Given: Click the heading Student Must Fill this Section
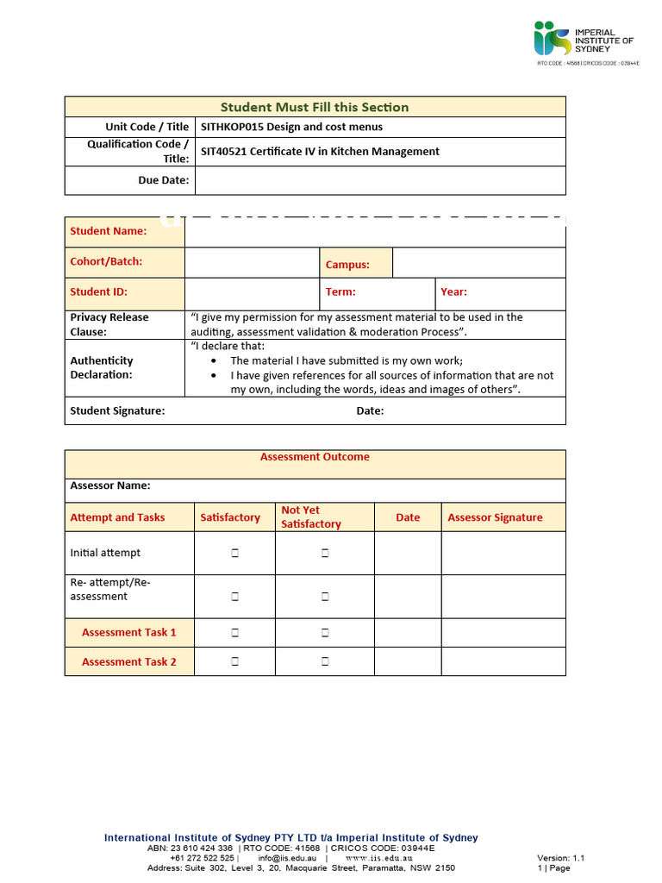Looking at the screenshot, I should coord(315,107).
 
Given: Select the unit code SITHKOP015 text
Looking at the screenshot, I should coord(232,127).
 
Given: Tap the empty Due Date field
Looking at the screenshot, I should coord(380,180).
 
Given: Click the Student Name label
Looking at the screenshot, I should coord(108,231).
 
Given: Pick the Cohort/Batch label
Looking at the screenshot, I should coord(106,261).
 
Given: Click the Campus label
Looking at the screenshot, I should coord(347,265).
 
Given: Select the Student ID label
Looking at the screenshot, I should coord(98,292).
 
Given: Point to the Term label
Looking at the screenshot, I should coord(340,292).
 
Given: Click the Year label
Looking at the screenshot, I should coord(453,292).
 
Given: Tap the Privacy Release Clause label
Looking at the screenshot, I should coord(109,324).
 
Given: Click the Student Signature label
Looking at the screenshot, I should coord(117,411).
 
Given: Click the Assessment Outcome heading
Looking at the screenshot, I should coord(315,457).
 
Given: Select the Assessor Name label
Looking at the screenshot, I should coord(110,485).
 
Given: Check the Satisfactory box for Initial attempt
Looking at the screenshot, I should coord(234,554).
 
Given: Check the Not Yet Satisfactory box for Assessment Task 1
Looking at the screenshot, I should coord(325,633).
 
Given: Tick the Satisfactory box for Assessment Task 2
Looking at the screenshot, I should coord(234,662).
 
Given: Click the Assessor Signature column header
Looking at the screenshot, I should coord(495,517).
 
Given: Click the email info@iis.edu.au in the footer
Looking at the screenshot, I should coord(287,858).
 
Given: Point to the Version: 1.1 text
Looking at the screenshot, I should coord(560,858).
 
